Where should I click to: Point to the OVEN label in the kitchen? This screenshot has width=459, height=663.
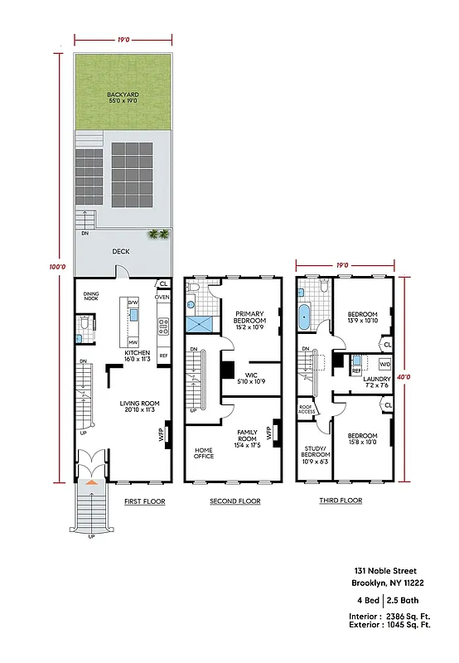pos(162,298)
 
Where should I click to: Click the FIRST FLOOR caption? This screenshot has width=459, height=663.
pos(145,501)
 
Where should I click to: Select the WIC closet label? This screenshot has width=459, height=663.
pos(253,378)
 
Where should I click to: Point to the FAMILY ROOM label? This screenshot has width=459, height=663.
pos(248,436)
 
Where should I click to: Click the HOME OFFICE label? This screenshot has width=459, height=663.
pos(204,452)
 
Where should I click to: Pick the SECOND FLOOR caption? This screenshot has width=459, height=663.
pos(236,501)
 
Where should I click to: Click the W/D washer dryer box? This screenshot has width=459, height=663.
pos(384,365)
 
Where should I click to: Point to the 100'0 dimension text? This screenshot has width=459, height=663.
pos(56,267)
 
